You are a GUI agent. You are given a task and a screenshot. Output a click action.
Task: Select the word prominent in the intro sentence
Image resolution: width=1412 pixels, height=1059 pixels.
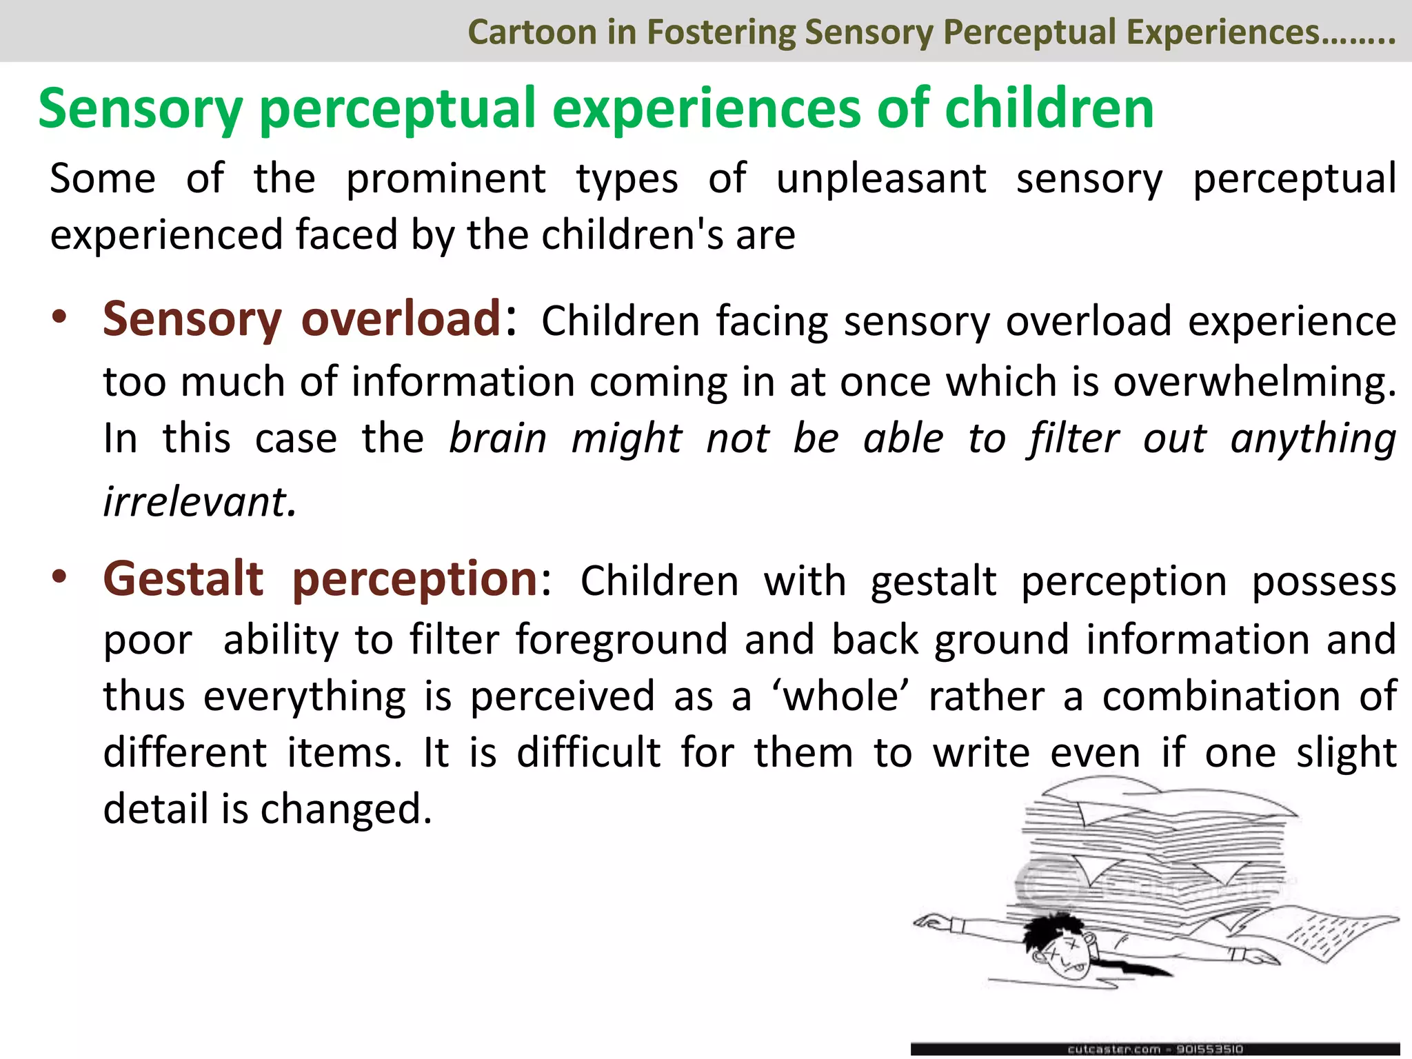pyautogui.click(x=445, y=179)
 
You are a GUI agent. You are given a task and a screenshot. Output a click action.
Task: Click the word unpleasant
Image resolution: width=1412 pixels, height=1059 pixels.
pyautogui.click(x=881, y=179)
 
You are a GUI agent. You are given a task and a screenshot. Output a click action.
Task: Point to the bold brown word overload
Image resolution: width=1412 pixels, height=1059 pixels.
pyautogui.click(x=401, y=319)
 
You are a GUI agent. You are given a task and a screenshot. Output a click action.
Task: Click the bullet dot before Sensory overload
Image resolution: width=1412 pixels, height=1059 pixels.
pyautogui.click(x=60, y=318)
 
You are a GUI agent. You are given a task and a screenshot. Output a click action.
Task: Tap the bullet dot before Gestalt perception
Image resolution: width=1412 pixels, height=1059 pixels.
pyautogui.click(x=60, y=576)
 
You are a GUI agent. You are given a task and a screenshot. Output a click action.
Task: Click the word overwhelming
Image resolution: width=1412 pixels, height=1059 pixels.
pyautogui.click(x=1254, y=382)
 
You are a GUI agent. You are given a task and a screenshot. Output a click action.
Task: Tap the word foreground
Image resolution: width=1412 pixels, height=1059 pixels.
pyautogui.click(x=622, y=640)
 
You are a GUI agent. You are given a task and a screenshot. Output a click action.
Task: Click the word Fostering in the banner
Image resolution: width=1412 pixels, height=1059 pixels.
pyautogui.click(x=720, y=32)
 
